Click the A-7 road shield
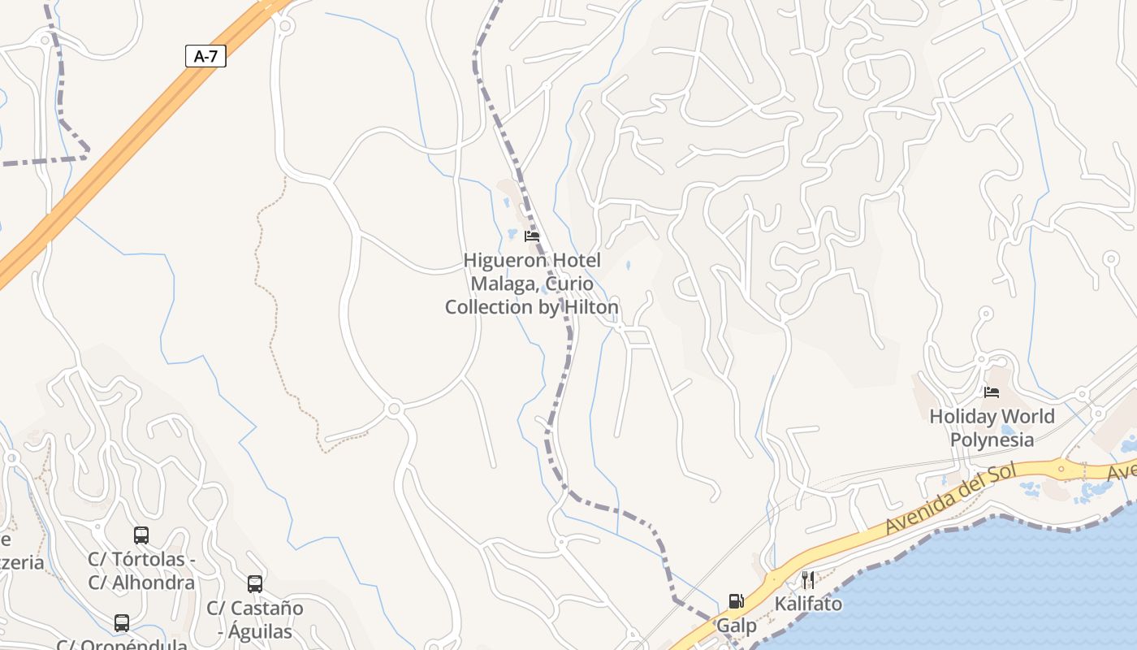(x=205, y=56)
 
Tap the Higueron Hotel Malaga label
(x=532, y=284)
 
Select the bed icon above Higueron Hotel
(x=532, y=236)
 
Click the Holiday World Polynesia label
(x=992, y=428)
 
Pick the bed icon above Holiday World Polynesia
(x=992, y=392)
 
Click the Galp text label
(x=736, y=626)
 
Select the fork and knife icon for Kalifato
(x=808, y=580)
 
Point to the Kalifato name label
(x=808, y=604)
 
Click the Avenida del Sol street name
(x=951, y=500)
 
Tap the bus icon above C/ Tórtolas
(x=141, y=535)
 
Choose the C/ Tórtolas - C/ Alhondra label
(x=141, y=571)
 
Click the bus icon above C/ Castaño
(x=255, y=584)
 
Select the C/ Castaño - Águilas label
(x=255, y=619)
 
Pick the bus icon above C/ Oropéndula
(x=122, y=623)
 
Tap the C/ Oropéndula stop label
(x=122, y=644)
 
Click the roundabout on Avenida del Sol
(x=1061, y=470)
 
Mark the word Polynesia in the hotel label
(x=992, y=440)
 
